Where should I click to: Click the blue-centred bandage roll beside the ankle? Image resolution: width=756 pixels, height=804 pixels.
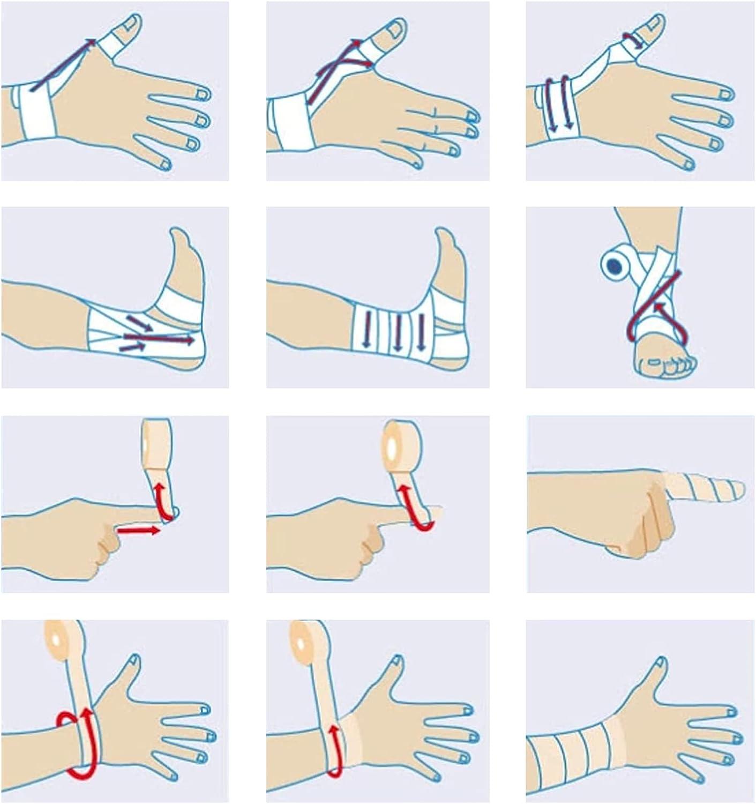click(x=614, y=265)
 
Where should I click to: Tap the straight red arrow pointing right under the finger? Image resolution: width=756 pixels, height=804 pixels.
click(x=138, y=531)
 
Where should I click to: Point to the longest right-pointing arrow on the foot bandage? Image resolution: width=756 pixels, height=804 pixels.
click(x=159, y=338)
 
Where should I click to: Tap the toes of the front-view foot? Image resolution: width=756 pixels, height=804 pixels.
click(x=664, y=364)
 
